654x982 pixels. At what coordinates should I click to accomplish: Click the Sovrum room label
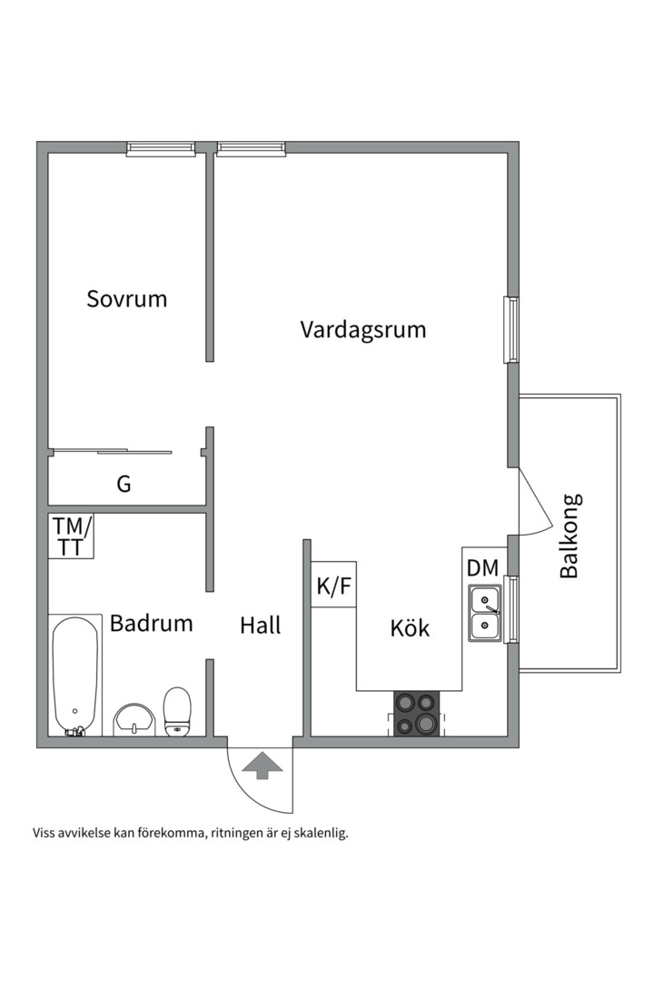point(127,298)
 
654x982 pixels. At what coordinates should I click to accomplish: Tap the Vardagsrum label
point(363,329)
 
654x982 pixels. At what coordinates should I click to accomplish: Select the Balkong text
point(570,536)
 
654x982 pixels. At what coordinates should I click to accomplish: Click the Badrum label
point(152,624)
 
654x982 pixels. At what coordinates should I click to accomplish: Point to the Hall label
point(261,626)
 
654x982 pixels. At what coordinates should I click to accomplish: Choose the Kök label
point(410,627)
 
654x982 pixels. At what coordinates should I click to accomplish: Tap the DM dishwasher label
point(482,568)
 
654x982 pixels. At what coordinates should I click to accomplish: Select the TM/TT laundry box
point(71,536)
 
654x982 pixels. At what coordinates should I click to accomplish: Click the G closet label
point(124,485)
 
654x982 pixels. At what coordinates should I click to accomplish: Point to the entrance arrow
point(262,766)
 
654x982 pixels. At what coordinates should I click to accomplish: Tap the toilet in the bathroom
point(177,710)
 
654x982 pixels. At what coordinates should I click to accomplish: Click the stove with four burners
point(416,714)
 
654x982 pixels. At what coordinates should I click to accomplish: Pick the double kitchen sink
point(485,613)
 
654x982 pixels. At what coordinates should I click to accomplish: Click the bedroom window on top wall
point(161,148)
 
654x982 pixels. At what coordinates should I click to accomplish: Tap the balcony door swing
point(533,505)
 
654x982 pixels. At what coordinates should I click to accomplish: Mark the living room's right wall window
point(512,329)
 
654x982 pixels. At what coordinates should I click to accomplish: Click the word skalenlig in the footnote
point(322,832)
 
